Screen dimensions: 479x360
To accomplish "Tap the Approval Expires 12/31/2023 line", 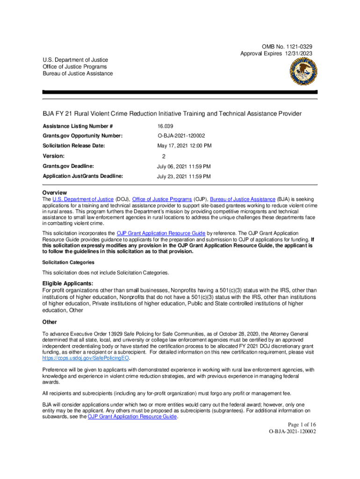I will [x=276, y=54].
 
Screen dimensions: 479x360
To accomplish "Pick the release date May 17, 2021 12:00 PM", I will [x=184, y=146].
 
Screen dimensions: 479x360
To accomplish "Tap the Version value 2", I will [x=164, y=157].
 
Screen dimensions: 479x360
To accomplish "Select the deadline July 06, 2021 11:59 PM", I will [x=183, y=167].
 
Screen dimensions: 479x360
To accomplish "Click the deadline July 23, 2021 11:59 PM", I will [x=183, y=176].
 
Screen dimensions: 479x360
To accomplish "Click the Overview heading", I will [x=55, y=193].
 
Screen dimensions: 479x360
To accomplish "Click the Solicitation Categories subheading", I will [x=68, y=262].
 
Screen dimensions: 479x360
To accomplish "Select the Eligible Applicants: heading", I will [x=68, y=283].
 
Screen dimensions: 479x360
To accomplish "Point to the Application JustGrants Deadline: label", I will [x=83, y=176].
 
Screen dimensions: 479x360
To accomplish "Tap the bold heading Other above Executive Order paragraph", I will [x=50, y=322].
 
